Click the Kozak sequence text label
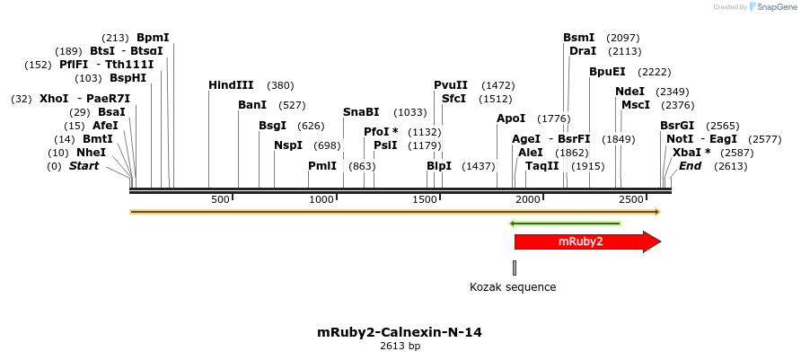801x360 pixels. coord(513,287)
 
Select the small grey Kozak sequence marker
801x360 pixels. coord(515,267)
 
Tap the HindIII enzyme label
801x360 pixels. coord(232,85)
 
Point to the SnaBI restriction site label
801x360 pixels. coord(361,112)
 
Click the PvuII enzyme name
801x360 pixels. coord(451,85)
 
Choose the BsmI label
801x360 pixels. coord(578,38)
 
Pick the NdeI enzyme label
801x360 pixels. coord(629,92)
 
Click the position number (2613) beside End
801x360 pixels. coord(730,166)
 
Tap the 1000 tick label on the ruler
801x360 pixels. coord(321,198)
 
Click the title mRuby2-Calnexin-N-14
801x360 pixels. coord(400,332)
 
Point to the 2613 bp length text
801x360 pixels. coord(400,347)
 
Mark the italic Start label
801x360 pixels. coord(84,166)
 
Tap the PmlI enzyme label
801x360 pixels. coord(322,166)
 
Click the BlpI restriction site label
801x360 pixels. coord(439,166)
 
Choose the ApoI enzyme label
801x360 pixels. coord(511,119)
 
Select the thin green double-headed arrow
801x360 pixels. coord(565,224)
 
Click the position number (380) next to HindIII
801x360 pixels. coord(280,85)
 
